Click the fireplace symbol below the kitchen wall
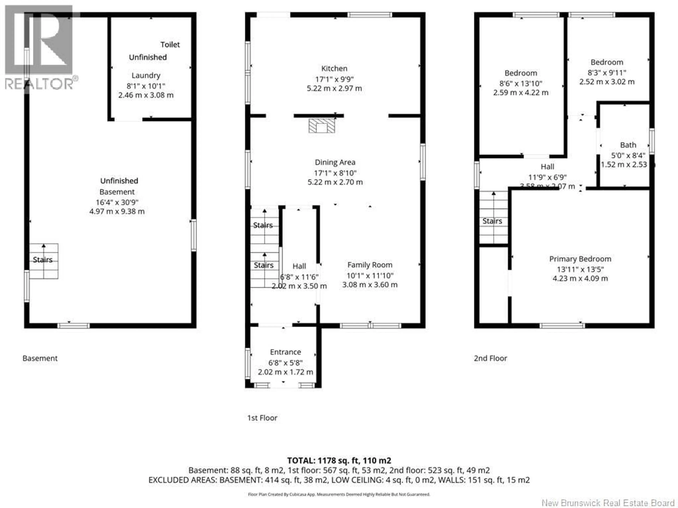coord(322,126)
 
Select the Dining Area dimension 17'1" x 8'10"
coord(335,173)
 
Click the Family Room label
coord(370,265)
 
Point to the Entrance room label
coord(285,352)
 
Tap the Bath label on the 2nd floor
coord(628,145)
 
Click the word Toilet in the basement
coord(170,45)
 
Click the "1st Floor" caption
coord(262,418)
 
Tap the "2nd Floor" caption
coord(490,358)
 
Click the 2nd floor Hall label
coord(547,167)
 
